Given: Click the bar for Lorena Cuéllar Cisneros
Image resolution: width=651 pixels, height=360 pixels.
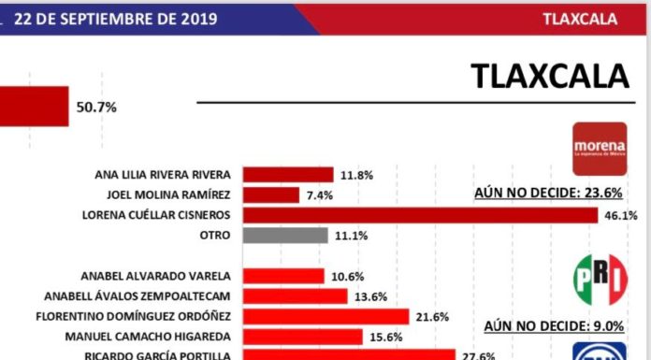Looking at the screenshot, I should tap(419, 215).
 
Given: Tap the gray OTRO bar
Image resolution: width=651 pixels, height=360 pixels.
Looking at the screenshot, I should tap(285, 236).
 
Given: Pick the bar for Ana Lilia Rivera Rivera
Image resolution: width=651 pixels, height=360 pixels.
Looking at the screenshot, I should tap(288, 174).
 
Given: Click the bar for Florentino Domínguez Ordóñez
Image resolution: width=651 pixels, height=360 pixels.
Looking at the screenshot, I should tap(325, 316).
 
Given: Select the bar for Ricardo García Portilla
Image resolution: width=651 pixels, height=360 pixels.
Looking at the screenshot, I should tap(348, 354).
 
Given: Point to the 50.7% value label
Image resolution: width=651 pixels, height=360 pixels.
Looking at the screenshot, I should tap(95, 108).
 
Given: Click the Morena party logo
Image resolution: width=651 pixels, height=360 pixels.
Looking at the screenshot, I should tap(600, 150).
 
